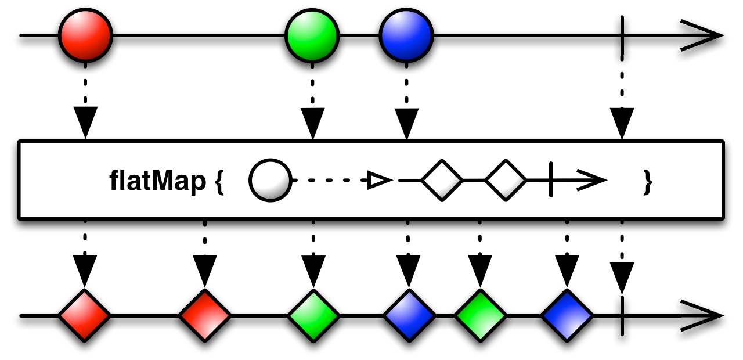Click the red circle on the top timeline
pyautogui.click(x=85, y=35)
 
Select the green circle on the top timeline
pyautogui.click(x=312, y=35)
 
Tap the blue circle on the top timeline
pyautogui.click(x=406, y=35)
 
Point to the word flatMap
pyautogui.click(x=157, y=181)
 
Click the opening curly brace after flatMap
pyautogui.click(x=219, y=182)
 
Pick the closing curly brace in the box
pyautogui.click(x=648, y=182)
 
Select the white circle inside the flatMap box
pyautogui.click(x=270, y=180)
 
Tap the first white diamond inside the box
pyautogui.click(x=442, y=180)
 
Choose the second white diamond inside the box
pyautogui.click(x=506, y=180)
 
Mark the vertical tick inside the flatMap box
pyautogui.click(x=551, y=179)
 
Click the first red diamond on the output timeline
pyautogui.click(x=85, y=315)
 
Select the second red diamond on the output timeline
pyautogui.click(x=205, y=315)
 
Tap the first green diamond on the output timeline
pyautogui.click(x=313, y=315)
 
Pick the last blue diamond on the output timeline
pyautogui.click(x=567, y=315)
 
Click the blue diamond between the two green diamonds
pyautogui.click(x=409, y=315)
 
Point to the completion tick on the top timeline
pyautogui.click(x=622, y=35)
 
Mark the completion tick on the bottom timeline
pyautogui.click(x=622, y=315)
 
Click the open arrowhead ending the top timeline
pyautogui.click(x=702, y=35)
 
